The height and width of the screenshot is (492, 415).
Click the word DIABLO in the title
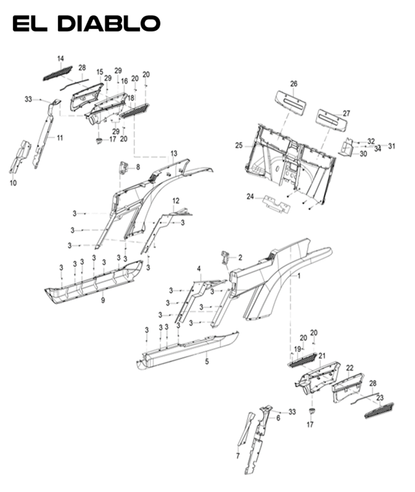tap(109, 24)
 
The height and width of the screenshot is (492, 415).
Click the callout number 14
tap(60, 59)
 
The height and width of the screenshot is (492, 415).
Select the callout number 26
tap(293, 84)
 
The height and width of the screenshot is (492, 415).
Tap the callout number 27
tap(346, 113)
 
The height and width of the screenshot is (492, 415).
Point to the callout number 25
tap(239, 146)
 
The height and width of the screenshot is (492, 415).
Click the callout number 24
tap(250, 196)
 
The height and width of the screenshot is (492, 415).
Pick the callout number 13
tap(174, 153)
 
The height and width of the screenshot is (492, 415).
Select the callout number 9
tap(103, 300)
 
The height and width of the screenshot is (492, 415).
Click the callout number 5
tap(207, 362)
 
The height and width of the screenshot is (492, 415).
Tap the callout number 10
tap(13, 183)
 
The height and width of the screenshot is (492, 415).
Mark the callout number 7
tap(237, 456)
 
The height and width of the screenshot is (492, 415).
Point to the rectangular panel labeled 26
tap(291, 101)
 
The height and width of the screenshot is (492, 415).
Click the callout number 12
tap(176, 201)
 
